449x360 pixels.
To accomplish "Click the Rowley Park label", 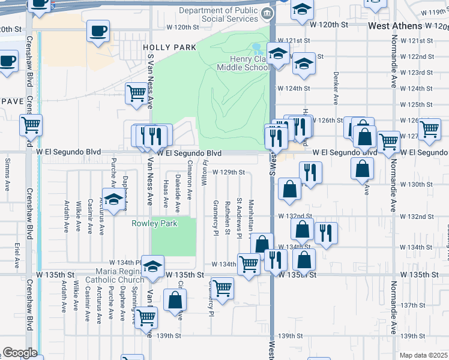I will [x=154, y=224].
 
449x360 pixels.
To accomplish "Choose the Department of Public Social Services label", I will [x=221, y=15].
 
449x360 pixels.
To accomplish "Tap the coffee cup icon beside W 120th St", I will [x=98, y=30].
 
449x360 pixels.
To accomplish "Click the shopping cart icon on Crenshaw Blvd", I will [x=31, y=125].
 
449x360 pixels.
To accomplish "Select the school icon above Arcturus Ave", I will [x=112, y=198].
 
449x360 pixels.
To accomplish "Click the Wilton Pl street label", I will [x=205, y=172].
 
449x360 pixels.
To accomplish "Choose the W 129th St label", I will [x=228, y=172].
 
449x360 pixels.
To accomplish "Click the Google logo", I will [x=20, y=353].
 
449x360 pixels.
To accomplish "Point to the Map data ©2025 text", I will [x=424, y=355].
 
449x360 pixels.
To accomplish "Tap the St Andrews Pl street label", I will [x=239, y=217].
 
